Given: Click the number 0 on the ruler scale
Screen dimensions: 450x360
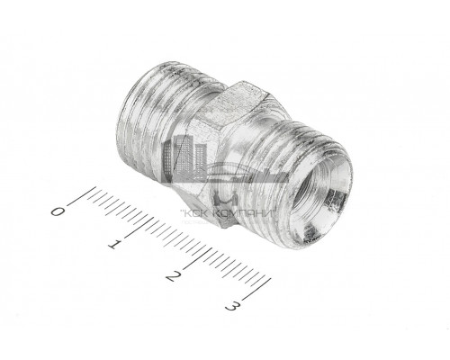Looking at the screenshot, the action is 58,211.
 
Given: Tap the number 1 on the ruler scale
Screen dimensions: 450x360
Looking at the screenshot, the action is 115,244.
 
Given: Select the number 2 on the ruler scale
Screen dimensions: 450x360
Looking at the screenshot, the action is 174,276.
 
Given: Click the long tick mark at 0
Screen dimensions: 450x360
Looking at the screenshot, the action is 82,196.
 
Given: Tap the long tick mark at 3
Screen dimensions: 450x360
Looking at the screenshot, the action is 256,289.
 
